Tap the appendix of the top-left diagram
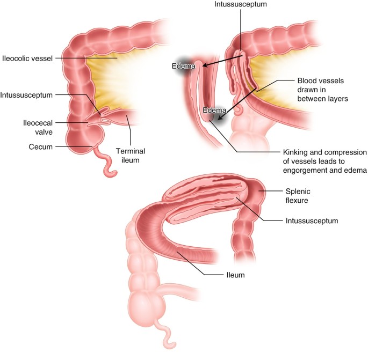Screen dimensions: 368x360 [106, 166]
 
